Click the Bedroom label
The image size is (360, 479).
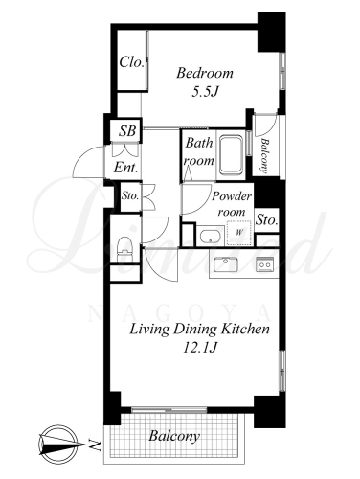tap(205, 73)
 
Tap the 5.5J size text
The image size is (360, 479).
tap(205, 92)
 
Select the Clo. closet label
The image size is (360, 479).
tap(131, 62)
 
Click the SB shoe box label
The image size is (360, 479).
tap(127, 131)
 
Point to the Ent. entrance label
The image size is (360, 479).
tap(126, 168)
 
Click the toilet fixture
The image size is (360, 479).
tap(124, 250)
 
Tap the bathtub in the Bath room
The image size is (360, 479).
tap(231, 155)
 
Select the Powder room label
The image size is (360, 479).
tap(232, 204)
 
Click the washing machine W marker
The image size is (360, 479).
tap(238, 233)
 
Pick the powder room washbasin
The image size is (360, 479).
tap(210, 237)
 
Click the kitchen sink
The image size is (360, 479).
tap(225, 264)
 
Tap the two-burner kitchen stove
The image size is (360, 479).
tap(265, 264)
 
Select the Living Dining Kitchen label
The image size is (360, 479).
tap(199, 329)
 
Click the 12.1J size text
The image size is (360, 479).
tap(200, 348)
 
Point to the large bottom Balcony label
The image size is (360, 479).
tap(174, 436)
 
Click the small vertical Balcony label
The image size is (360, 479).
tap(265, 155)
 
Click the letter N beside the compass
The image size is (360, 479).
tap(94, 445)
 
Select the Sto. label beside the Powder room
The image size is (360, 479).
tap(267, 219)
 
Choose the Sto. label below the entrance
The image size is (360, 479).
tap(130, 195)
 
